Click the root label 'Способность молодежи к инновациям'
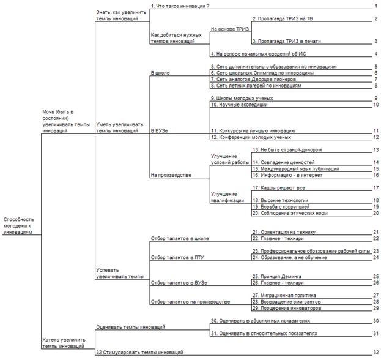[x=18, y=226]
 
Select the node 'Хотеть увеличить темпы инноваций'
[x=64, y=343]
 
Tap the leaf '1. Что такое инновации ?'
[x=180, y=6]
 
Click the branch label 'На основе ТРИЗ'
[x=230, y=29]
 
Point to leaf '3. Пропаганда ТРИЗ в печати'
[x=286, y=41]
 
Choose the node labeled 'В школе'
[x=160, y=73]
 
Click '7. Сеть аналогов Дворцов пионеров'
[x=253, y=79]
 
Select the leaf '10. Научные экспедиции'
[x=239, y=105]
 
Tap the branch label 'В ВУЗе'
[x=159, y=130]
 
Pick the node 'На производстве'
[x=171, y=175]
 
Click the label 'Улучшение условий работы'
[x=230, y=159]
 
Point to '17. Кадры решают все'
[x=279, y=187]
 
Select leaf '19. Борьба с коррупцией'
[x=281, y=207]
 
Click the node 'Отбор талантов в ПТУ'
[x=177, y=257]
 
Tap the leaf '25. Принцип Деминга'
[x=277, y=276]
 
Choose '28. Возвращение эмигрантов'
[x=286, y=302]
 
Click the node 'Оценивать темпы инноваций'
[x=130, y=327]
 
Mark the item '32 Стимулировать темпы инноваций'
[x=139, y=352]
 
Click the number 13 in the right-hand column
[x=376, y=150]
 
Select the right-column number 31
[x=376, y=333]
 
